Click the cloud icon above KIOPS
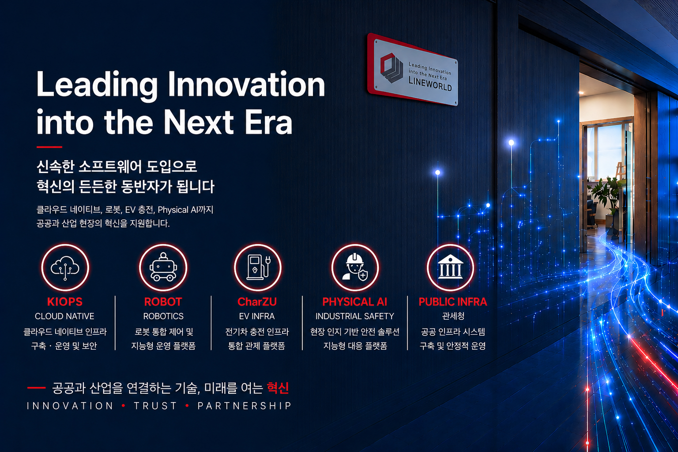point(65,267)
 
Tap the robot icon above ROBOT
point(163,267)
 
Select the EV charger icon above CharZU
point(258,267)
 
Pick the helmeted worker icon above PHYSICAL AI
point(355,267)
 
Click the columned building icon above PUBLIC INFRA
point(450,267)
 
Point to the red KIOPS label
point(65,302)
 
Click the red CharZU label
point(257,302)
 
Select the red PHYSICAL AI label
point(355,302)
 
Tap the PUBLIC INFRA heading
point(453,302)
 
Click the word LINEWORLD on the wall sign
point(430,84)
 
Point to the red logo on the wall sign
point(392,68)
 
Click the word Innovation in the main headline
point(246,85)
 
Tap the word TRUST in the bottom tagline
point(155,406)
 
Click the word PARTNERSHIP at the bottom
point(244,406)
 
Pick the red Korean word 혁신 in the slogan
point(278,388)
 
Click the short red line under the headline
point(49,147)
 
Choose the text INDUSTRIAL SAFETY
point(355,316)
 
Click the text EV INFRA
point(257,316)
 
